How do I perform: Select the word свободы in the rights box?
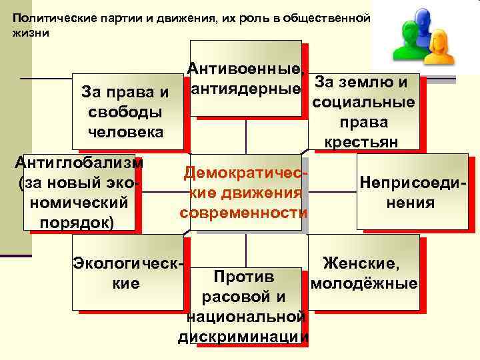pos(124,111)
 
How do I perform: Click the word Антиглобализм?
pos(79,162)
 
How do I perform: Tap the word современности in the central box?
pos(243,213)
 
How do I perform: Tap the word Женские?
pos(361,265)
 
